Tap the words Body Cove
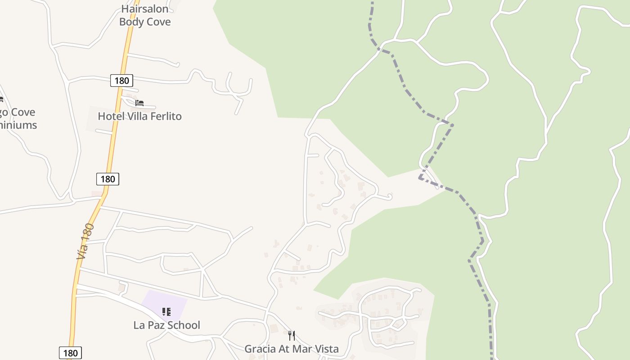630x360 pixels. click(145, 22)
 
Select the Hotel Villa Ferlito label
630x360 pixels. click(139, 116)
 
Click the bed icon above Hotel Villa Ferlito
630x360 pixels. click(139, 103)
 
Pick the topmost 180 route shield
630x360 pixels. click(121, 81)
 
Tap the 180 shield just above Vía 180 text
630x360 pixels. click(108, 179)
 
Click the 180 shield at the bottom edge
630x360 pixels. click(70, 353)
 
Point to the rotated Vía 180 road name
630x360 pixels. click(85, 241)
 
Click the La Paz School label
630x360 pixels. click(166, 325)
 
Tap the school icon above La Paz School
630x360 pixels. click(166, 311)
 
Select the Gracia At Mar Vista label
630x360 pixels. click(291, 349)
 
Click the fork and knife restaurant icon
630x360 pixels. click(291, 335)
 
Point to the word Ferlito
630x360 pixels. click(166, 116)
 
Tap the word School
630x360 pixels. click(184, 325)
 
